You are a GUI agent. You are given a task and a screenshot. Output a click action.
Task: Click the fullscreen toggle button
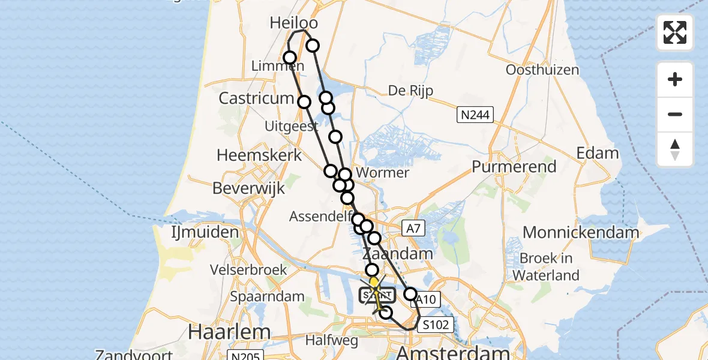675,32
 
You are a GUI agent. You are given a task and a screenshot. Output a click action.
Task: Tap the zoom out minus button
675,114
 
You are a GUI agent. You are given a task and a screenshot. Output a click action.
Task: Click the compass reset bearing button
675,149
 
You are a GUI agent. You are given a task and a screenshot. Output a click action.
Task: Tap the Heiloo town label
294,23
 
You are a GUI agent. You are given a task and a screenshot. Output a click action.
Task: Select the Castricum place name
256,98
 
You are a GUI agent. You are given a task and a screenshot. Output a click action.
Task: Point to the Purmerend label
514,166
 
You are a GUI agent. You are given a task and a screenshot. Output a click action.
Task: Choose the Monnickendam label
581,232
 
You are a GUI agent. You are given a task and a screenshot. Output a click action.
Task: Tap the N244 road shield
475,114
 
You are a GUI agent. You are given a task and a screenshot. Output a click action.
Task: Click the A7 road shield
412,227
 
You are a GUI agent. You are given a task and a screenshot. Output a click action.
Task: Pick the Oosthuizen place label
542,70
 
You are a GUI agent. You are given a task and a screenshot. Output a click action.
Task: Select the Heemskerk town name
259,155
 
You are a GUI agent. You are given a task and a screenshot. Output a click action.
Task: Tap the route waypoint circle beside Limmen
290,58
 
